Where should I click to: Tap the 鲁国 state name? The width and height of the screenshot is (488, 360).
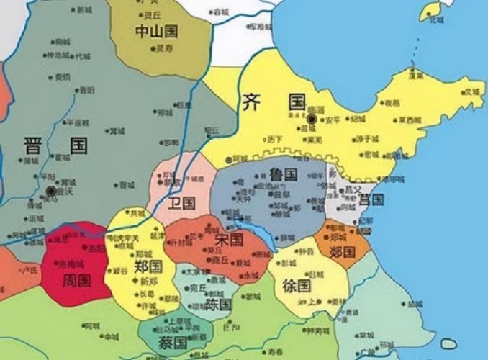(283, 174)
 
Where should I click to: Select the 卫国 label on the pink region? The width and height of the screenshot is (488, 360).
(180, 202)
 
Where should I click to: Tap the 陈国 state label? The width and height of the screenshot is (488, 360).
(218, 305)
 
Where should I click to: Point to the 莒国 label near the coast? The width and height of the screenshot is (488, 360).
(371, 199)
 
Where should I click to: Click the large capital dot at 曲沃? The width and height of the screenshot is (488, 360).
(50, 191)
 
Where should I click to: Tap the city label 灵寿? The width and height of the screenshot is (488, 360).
(165, 49)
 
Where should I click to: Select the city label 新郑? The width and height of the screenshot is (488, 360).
(149, 281)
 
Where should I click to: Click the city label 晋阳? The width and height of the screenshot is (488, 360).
(86, 89)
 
